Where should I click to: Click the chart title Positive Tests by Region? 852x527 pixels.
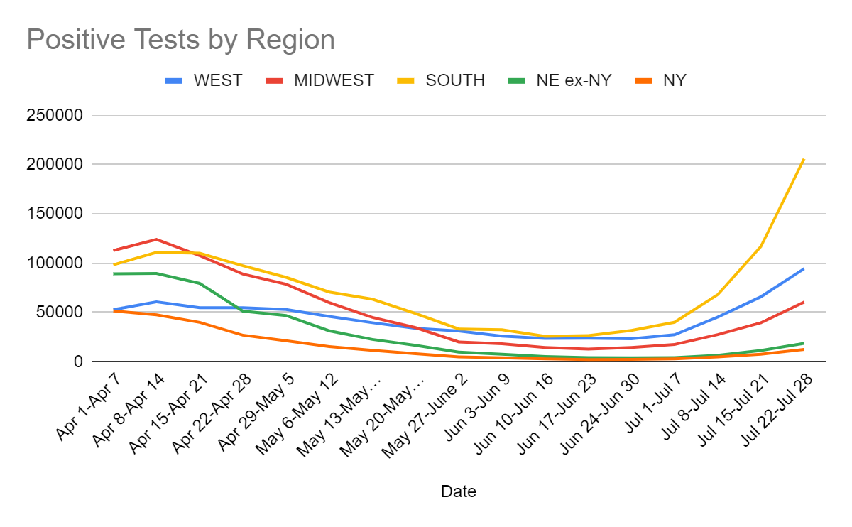click(180, 40)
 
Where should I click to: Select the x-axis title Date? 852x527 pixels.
click(458, 491)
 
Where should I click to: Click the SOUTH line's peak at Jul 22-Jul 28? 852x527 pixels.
click(804, 159)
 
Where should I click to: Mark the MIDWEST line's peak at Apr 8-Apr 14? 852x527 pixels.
click(157, 239)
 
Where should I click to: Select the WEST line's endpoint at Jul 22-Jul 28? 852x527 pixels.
click(804, 268)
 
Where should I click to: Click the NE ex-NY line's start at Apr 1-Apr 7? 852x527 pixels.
click(114, 273)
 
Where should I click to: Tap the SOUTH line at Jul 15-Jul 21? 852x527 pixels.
click(760, 246)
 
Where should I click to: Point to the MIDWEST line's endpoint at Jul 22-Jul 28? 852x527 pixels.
click(804, 302)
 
